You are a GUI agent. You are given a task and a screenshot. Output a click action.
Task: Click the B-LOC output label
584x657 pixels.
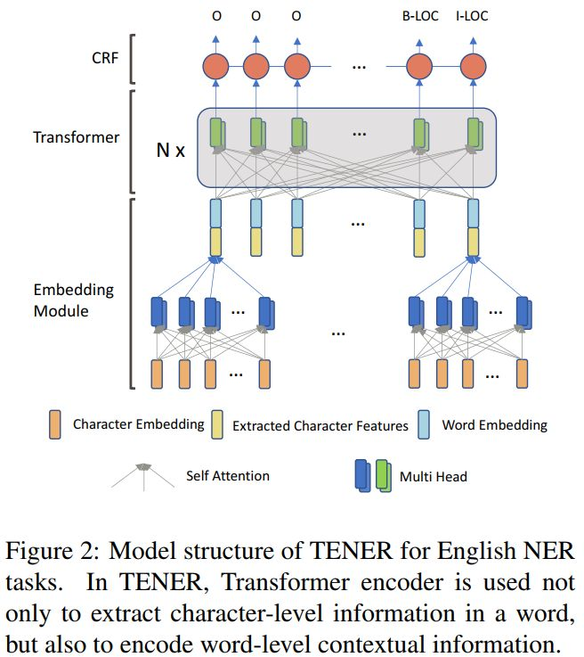(x=423, y=16)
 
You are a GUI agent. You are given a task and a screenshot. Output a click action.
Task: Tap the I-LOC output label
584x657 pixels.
(x=472, y=16)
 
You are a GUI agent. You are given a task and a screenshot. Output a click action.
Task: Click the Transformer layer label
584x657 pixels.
(x=76, y=137)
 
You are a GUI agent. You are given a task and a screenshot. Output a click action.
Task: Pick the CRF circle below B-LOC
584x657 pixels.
(x=418, y=68)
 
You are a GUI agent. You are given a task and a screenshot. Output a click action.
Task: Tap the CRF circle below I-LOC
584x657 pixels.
(x=474, y=68)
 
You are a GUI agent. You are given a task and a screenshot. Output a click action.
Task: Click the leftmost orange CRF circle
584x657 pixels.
(x=216, y=68)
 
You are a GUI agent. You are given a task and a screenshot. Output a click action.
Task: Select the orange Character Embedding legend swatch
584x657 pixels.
(x=55, y=424)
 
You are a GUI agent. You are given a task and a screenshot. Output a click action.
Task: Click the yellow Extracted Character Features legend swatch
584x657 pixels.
(x=216, y=425)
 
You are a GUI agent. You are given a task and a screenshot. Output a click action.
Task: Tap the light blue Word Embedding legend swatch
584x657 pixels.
(x=425, y=425)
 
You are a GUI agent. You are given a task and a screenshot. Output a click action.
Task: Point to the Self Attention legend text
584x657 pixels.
(x=227, y=475)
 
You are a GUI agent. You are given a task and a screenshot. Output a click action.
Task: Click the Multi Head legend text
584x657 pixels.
(x=432, y=476)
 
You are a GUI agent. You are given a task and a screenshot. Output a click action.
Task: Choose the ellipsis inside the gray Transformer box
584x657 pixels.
(x=359, y=134)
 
